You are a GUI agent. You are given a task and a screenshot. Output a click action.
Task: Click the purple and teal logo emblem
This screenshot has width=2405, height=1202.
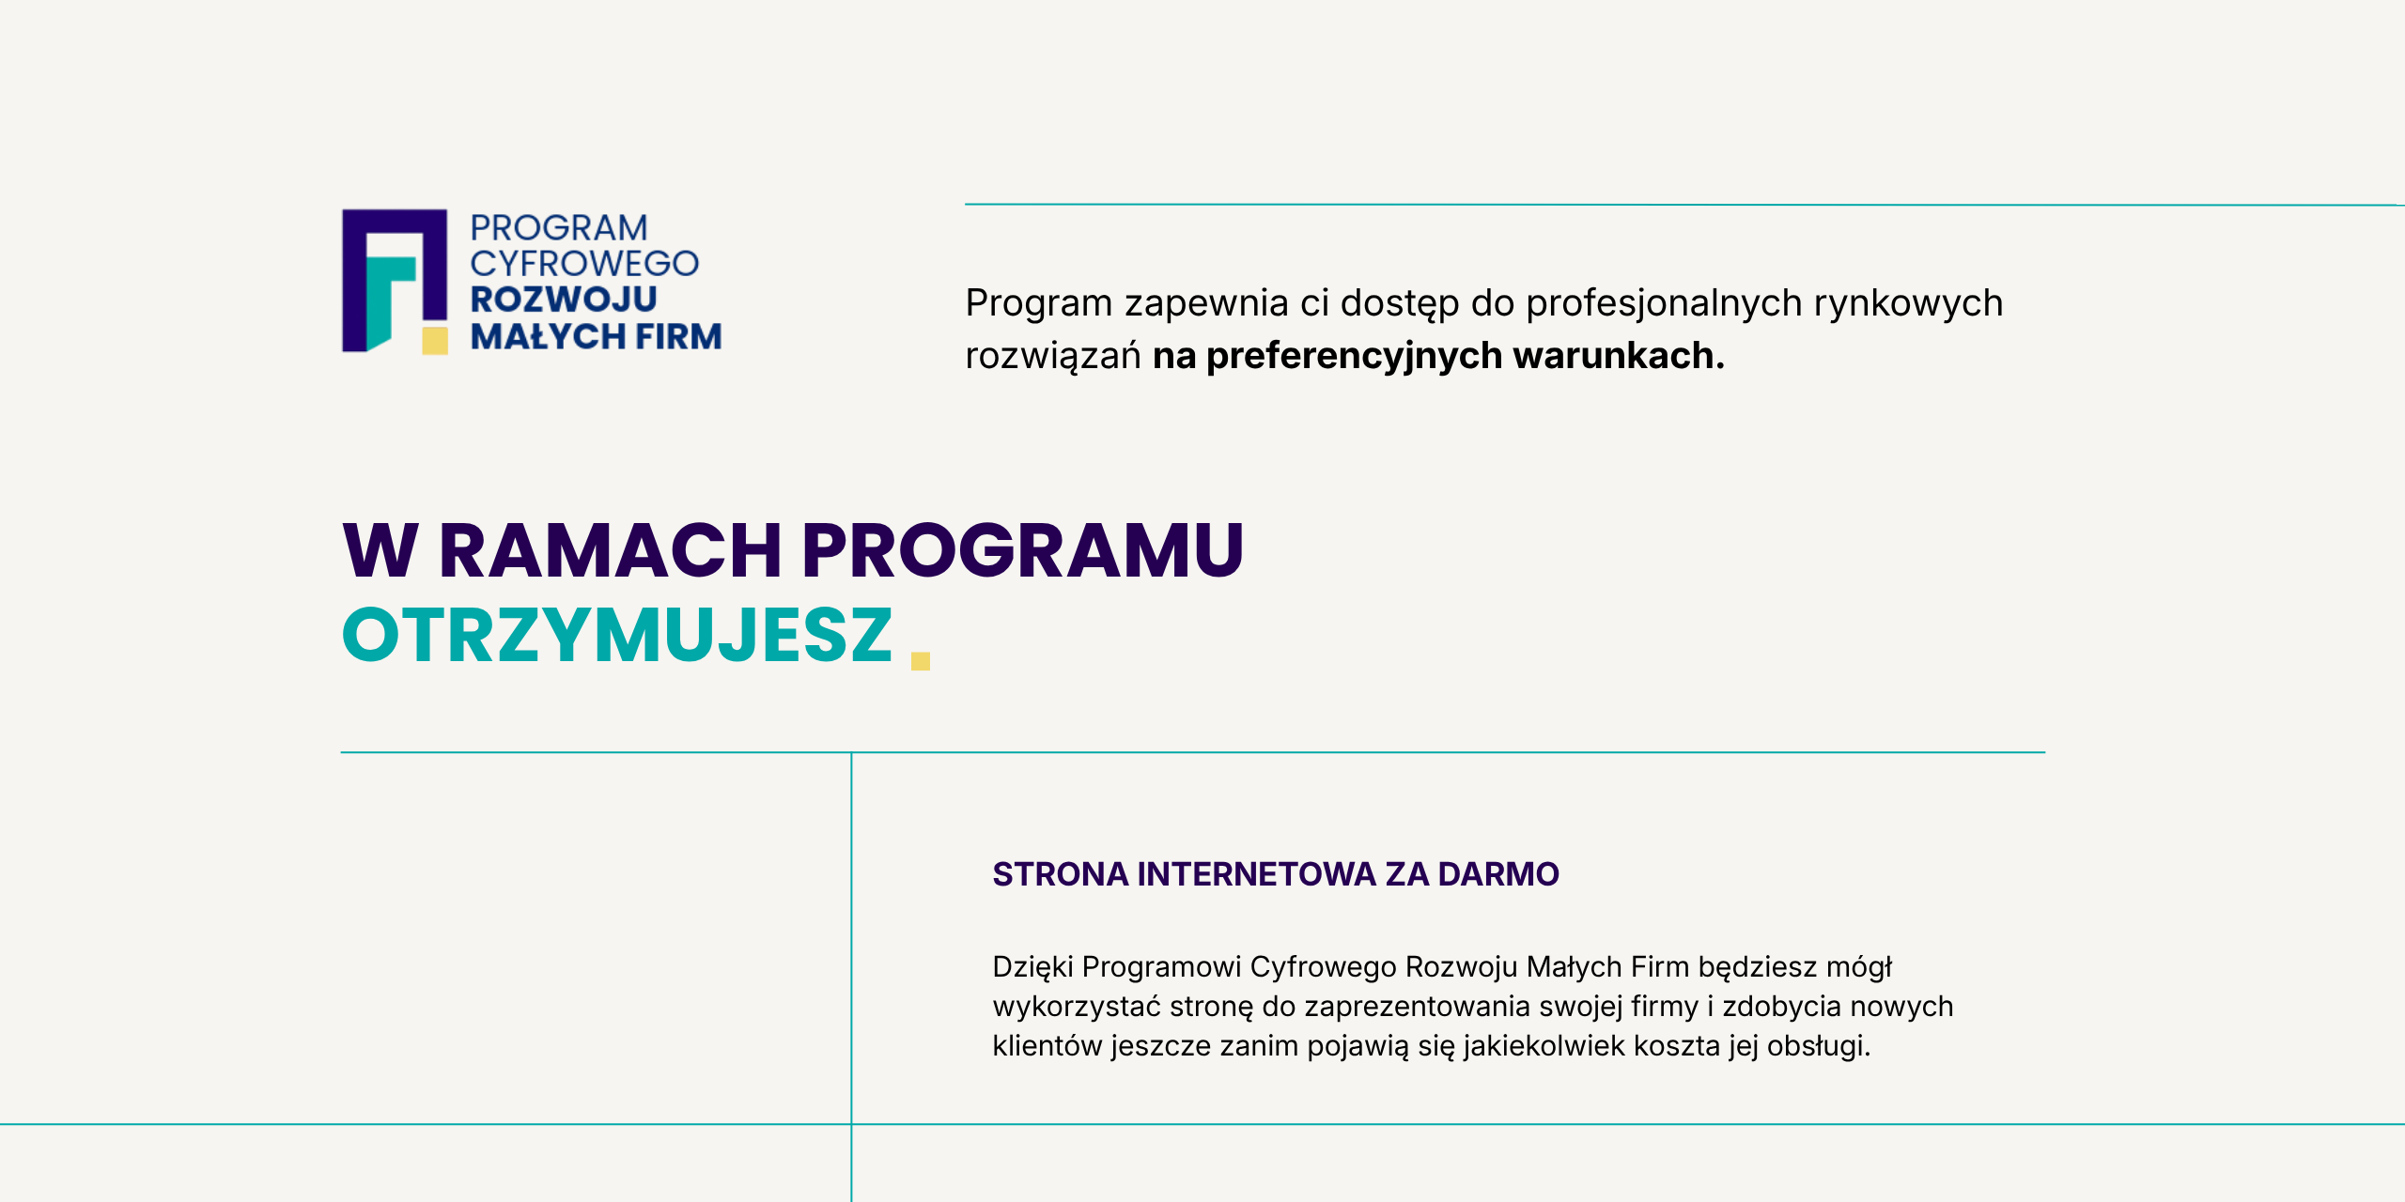394,281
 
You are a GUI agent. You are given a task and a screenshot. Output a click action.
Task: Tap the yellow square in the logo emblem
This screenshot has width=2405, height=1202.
435,340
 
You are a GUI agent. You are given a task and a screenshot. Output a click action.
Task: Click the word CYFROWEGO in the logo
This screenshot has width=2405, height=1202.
584,264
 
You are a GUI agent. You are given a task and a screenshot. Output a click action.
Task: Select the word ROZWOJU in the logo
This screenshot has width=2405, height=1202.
564,300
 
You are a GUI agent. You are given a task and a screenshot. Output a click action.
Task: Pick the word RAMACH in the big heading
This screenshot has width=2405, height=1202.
611,550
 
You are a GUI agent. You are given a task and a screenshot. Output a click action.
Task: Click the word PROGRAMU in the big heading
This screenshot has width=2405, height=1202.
1023,550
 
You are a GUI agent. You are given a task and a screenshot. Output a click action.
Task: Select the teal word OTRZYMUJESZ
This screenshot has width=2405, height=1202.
617,635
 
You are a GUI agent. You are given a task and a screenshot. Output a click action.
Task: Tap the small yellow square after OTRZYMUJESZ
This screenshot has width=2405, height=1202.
921,661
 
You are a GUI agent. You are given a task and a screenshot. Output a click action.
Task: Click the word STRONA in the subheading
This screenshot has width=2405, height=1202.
1061,874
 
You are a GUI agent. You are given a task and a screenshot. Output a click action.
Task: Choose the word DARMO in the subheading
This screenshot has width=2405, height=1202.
1498,874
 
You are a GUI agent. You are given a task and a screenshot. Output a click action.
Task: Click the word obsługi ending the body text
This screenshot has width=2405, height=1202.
1819,1046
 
